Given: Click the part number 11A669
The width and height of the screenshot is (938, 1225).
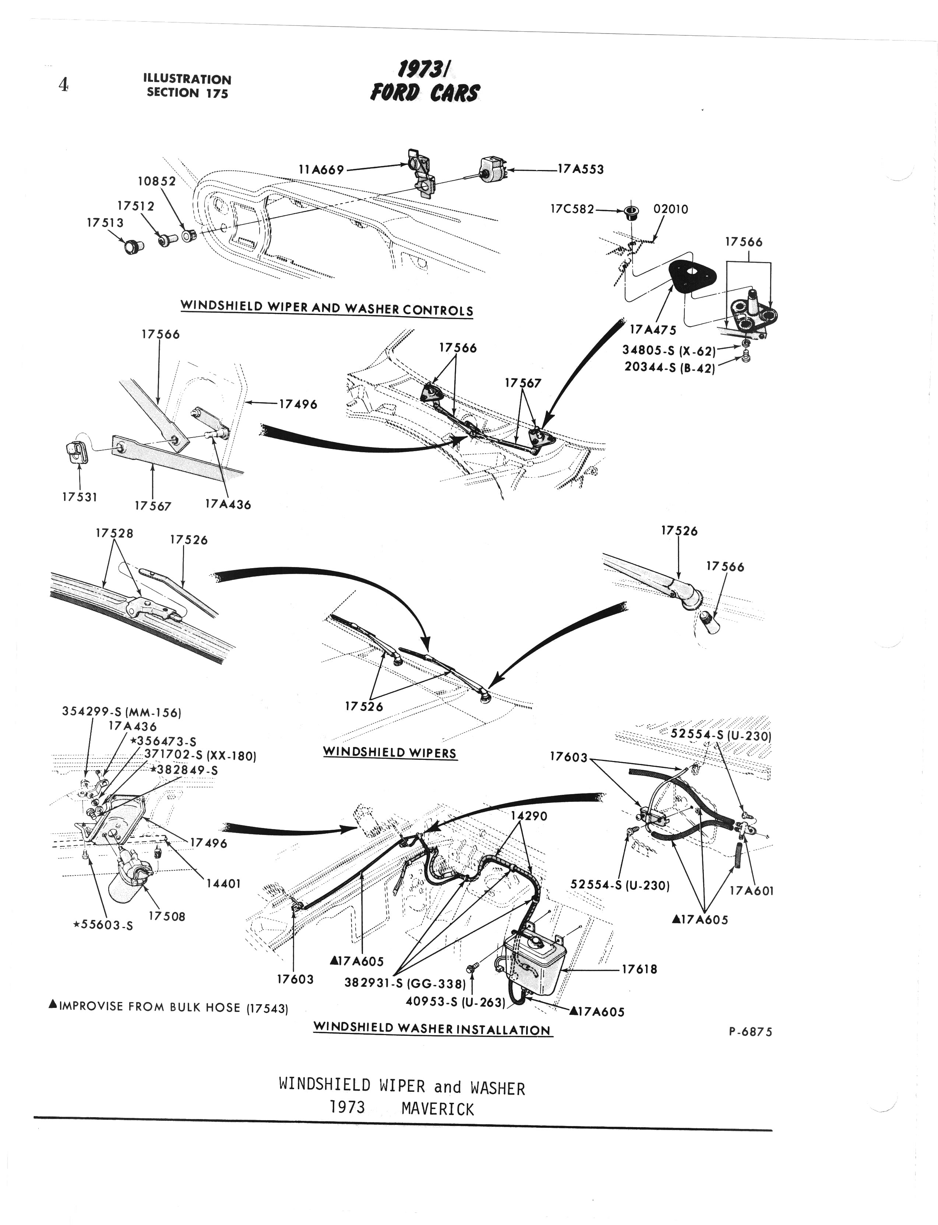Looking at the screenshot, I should (322, 169).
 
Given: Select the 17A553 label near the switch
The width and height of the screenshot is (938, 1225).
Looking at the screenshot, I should (581, 169).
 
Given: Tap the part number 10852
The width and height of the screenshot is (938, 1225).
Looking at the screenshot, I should (157, 181).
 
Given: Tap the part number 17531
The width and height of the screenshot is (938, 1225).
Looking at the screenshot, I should (80, 497).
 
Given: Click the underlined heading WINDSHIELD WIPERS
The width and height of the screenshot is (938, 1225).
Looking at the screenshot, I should (390, 752).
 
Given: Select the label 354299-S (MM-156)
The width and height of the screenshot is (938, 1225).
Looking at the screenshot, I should (122, 713).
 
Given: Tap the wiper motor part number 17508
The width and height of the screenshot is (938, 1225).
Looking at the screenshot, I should (167, 916).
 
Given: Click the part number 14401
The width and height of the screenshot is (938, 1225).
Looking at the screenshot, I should (223, 884).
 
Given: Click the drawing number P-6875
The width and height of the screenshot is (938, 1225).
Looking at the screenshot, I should (750, 1031).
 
